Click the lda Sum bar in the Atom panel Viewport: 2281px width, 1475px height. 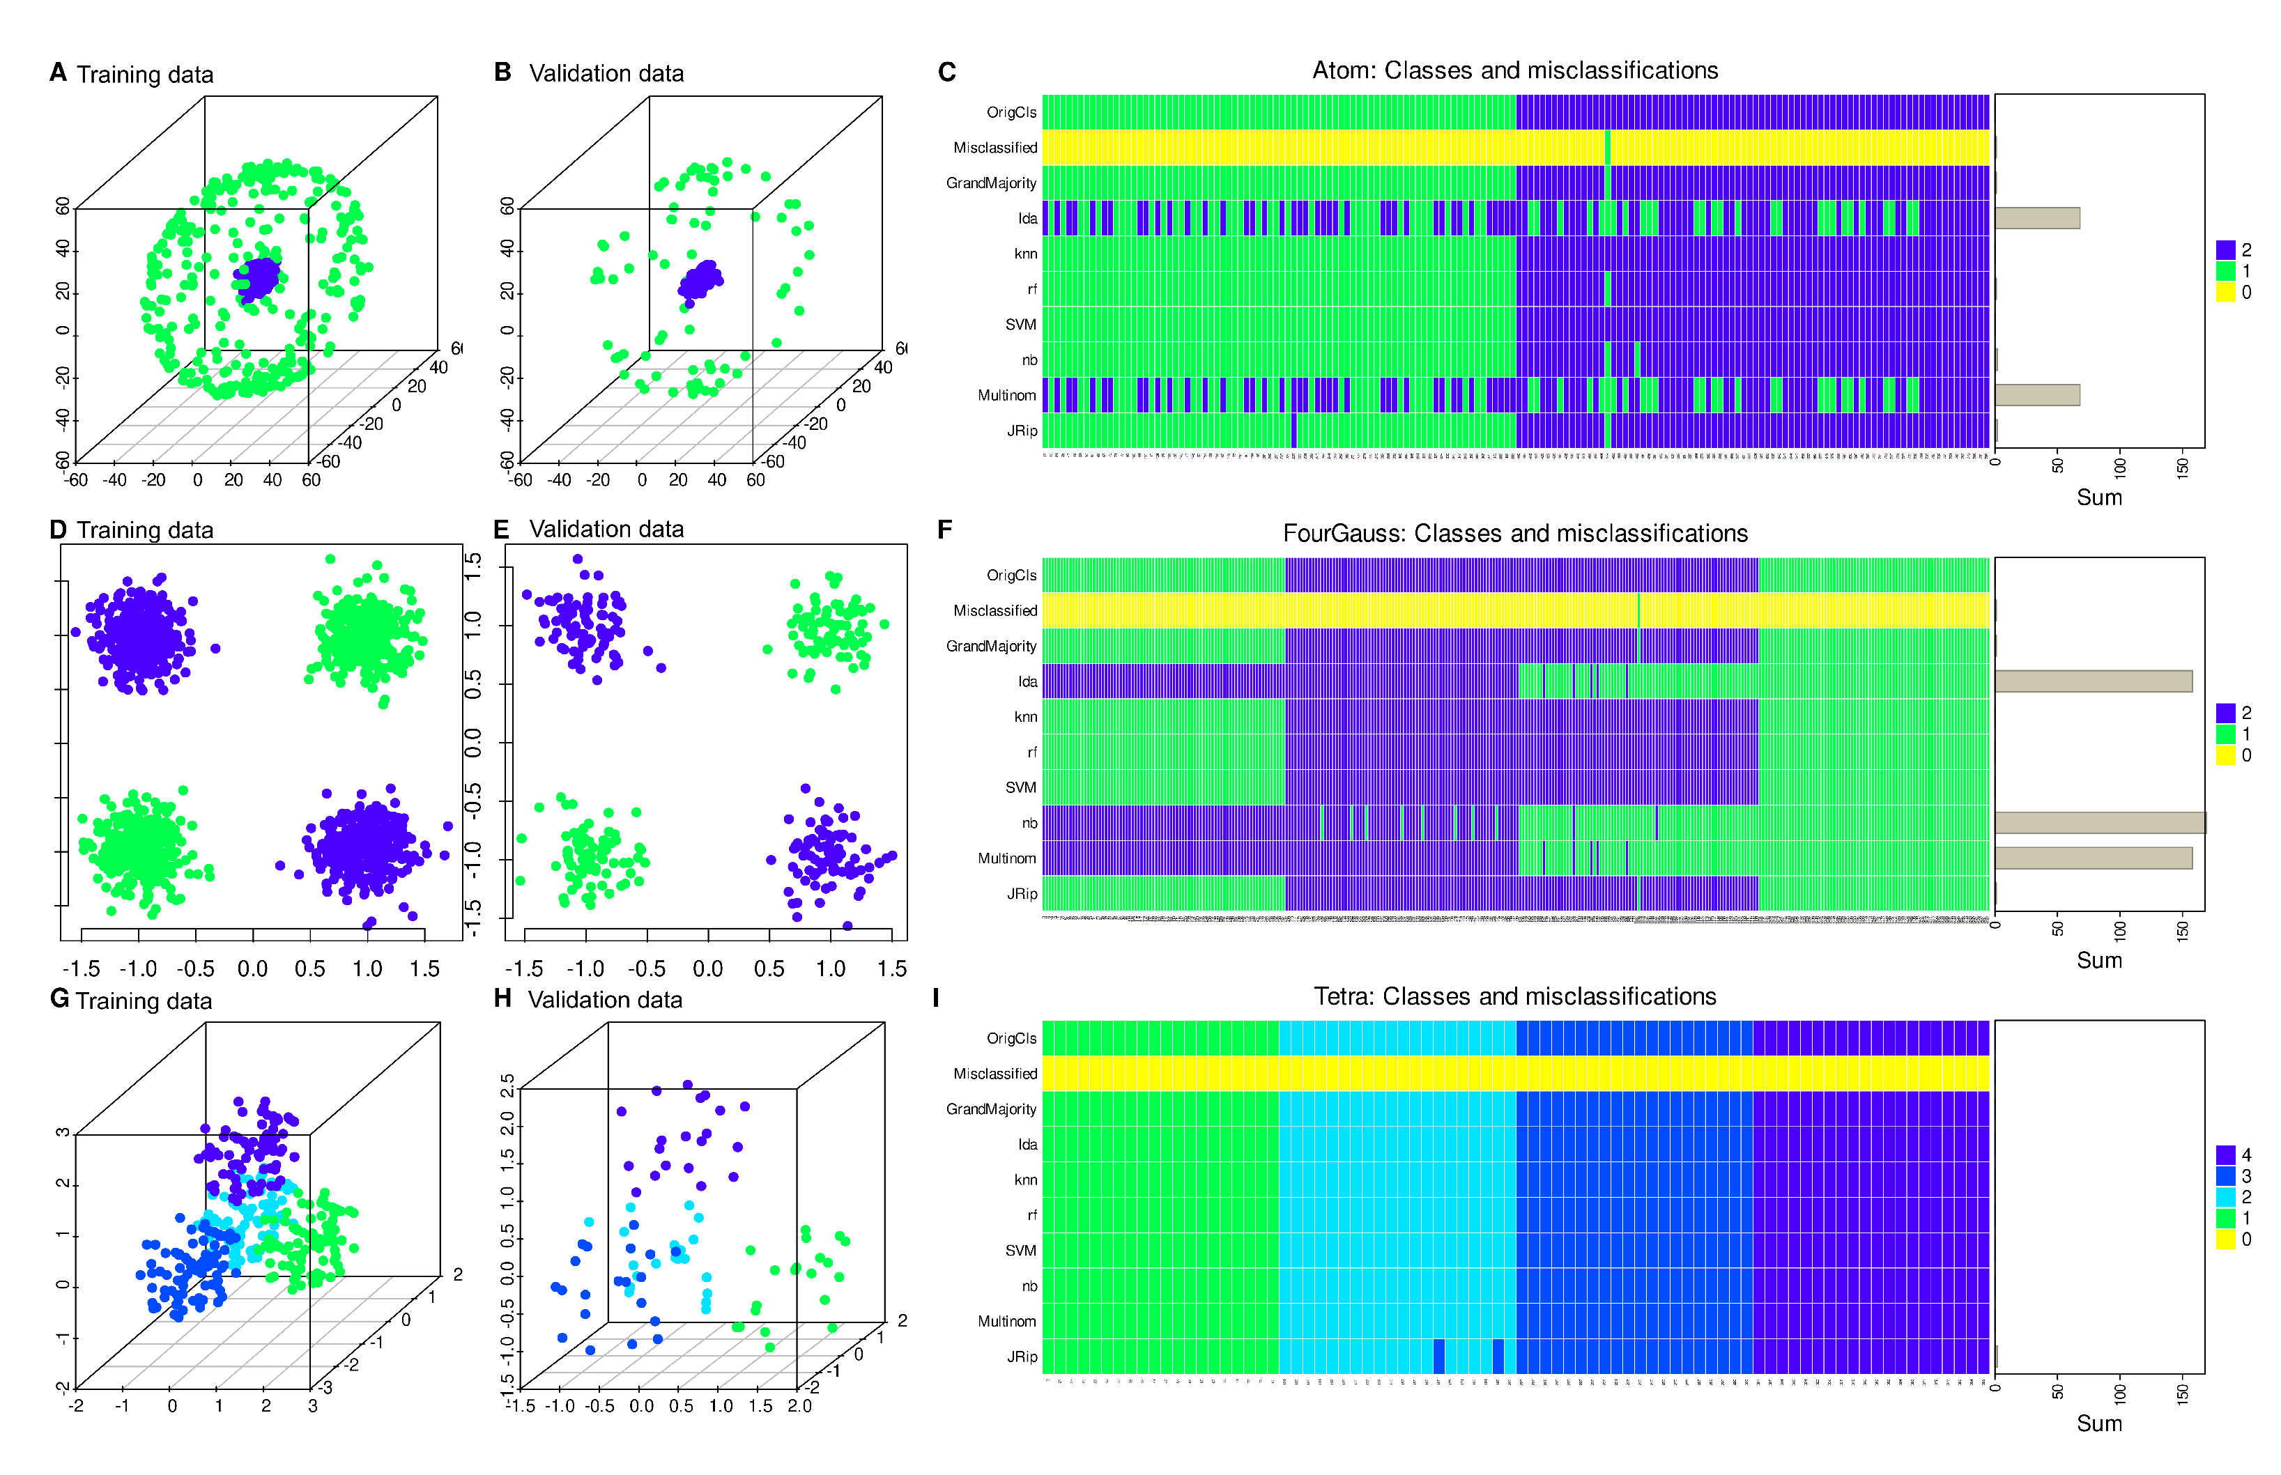pos(2036,218)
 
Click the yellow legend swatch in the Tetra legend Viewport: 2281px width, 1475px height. pos(2225,1238)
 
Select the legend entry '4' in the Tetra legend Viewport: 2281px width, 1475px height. pos(2245,1155)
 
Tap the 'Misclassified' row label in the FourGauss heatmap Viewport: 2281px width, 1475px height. pos(994,611)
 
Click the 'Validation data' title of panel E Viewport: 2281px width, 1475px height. pos(606,530)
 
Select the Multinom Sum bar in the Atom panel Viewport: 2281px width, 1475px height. pos(2036,394)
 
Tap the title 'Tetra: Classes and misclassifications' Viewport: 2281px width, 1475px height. pos(1514,996)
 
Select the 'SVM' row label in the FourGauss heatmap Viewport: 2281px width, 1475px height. pos(1020,787)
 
